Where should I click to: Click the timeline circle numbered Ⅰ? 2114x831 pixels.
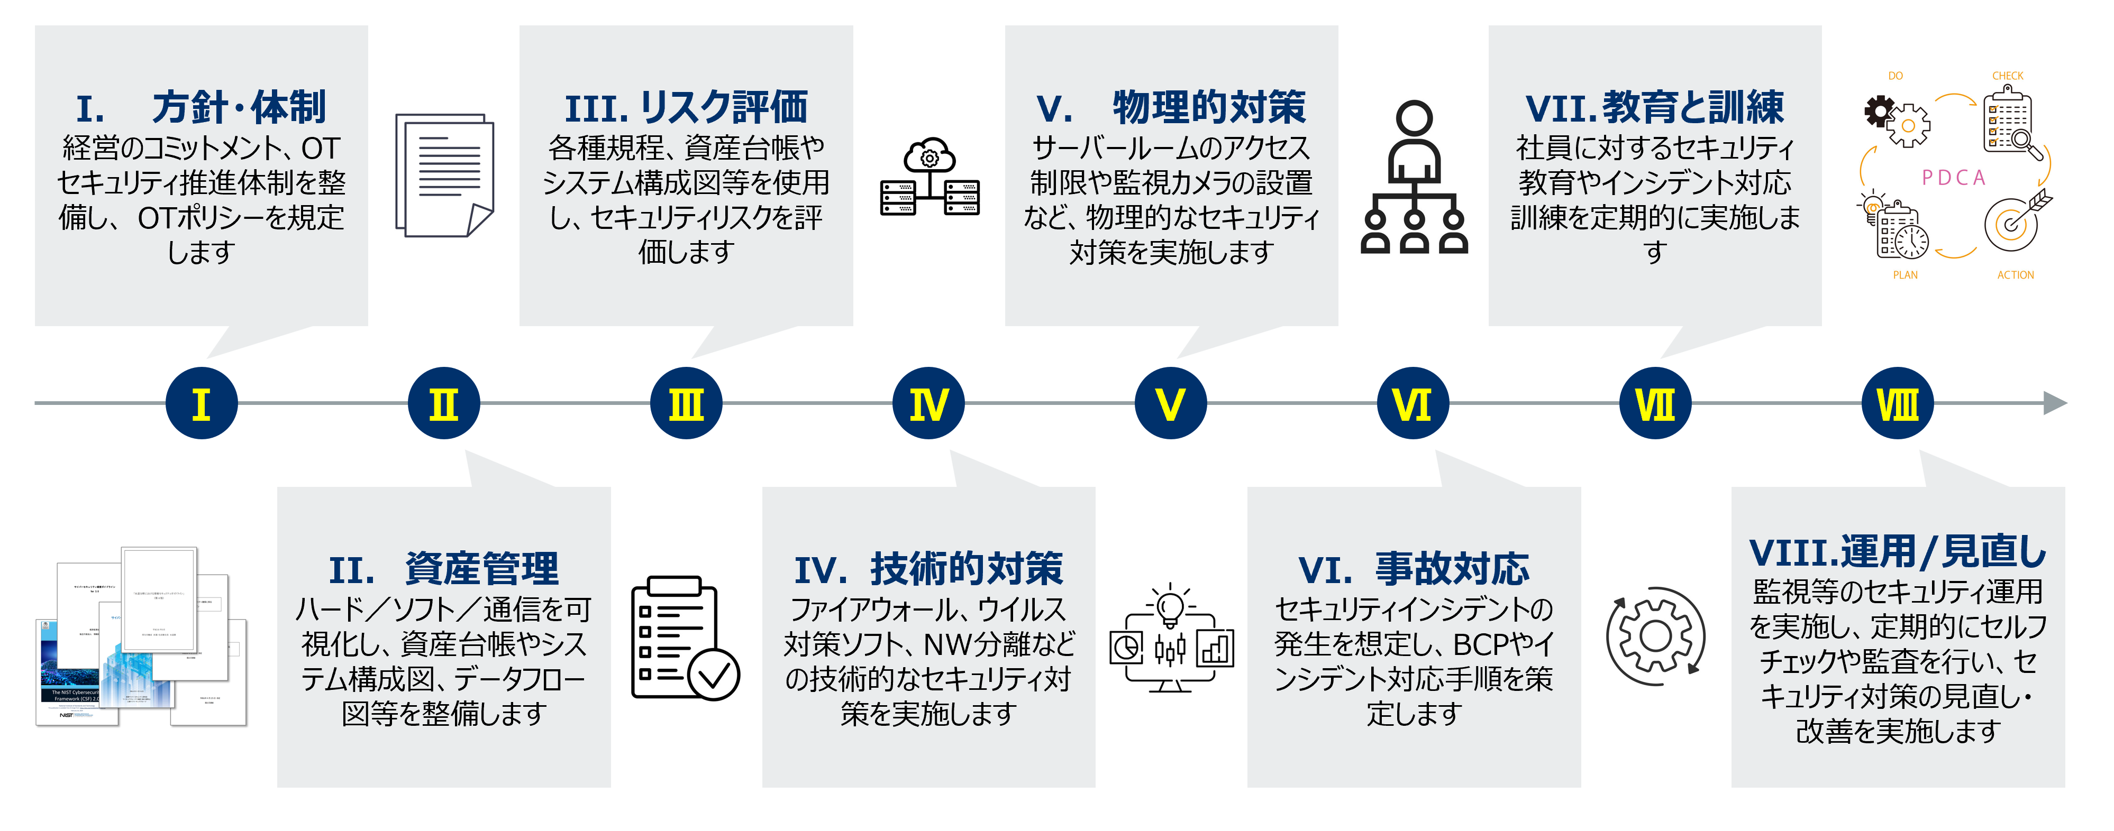201,403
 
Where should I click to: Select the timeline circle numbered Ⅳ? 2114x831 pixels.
928,403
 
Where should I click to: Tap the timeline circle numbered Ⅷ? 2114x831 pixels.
1897,403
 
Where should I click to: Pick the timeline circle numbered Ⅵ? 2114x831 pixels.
1413,403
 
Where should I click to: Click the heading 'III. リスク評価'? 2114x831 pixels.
686,107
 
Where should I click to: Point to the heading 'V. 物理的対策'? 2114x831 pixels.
1171,107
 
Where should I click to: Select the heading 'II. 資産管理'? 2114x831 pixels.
443,568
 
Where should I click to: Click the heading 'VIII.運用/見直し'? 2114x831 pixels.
1897,551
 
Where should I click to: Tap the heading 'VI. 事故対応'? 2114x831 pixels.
1413,568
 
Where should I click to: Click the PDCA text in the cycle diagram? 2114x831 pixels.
1953,177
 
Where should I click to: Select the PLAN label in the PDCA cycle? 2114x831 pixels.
1905,275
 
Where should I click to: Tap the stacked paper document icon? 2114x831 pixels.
444,175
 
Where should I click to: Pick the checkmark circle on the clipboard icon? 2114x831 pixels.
713,675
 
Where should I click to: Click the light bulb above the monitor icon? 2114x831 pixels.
1170,607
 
